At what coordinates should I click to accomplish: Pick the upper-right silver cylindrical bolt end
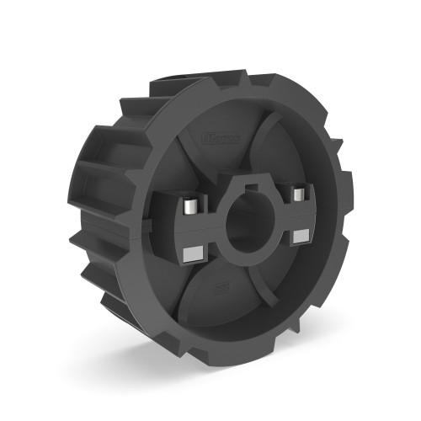click(x=296, y=195)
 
